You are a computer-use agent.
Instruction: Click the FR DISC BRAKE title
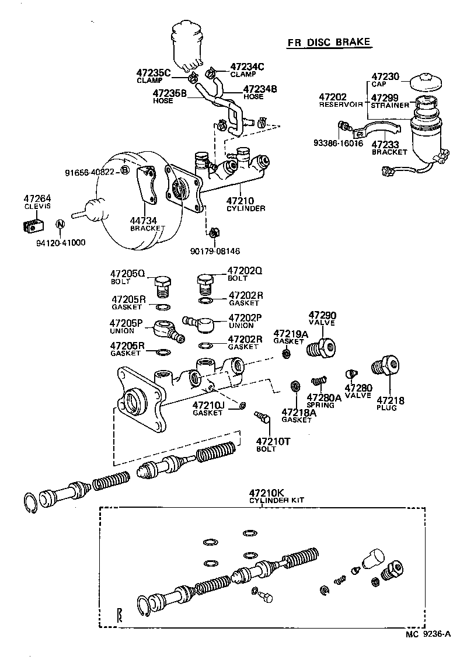point(329,43)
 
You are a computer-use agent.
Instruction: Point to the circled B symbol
point(124,170)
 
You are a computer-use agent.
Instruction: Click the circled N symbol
point(59,224)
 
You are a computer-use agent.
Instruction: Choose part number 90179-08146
point(215,251)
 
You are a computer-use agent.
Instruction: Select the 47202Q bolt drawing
point(204,285)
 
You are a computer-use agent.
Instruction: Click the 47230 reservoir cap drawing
point(426,83)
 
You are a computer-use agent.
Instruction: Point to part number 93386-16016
point(339,142)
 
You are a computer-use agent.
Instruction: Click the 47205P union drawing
point(168,330)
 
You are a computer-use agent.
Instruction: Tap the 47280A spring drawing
point(318,381)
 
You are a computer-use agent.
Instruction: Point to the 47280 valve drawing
point(351,374)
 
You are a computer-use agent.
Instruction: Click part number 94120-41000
point(58,242)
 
